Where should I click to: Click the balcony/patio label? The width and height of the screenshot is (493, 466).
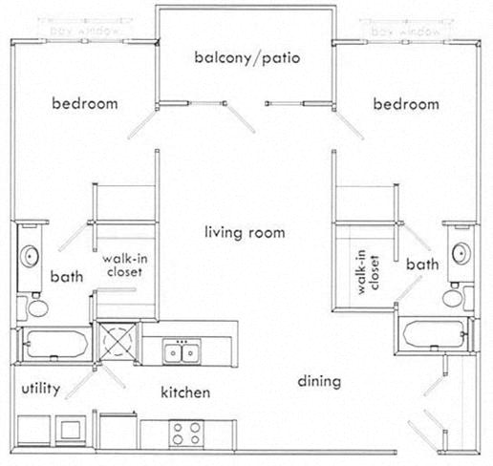pos(247,58)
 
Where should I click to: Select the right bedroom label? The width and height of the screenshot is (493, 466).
pos(406,104)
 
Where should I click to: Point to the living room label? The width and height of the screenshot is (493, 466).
pos(246,232)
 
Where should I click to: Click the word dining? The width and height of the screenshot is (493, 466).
pos(319,382)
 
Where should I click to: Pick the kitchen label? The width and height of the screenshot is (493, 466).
pos(185,392)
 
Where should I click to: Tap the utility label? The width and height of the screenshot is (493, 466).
pos(41,389)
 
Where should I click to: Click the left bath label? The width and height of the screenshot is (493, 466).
pos(67,277)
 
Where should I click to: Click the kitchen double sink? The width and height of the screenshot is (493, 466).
pos(181,353)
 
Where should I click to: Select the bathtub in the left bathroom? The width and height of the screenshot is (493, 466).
pos(54,341)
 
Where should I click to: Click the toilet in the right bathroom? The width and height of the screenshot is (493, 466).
pos(452,297)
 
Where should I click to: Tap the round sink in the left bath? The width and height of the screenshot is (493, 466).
pos(30,256)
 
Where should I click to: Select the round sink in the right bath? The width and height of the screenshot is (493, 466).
pos(461,253)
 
